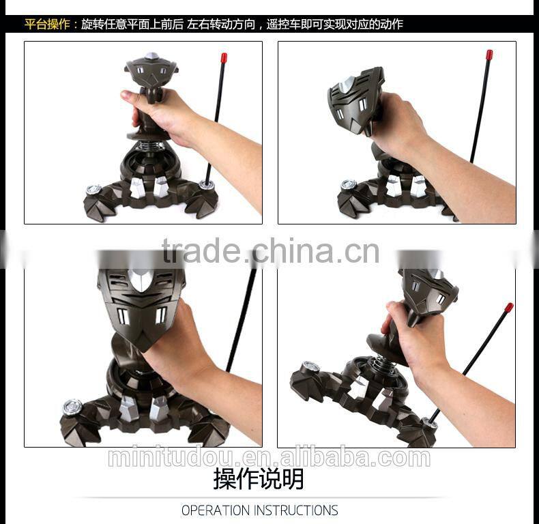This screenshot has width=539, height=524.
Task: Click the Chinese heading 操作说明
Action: [259, 479]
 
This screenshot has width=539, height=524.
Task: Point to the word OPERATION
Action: [216, 510]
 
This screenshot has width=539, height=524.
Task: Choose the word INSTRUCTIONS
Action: [296, 510]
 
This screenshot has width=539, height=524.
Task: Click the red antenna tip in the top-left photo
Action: [224, 57]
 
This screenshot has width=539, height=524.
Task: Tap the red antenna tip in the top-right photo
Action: [489, 55]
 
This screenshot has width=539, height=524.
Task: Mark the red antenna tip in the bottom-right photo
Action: [509, 308]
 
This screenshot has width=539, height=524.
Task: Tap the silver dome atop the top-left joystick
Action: [151, 56]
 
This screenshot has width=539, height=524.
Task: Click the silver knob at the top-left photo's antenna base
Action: [206, 185]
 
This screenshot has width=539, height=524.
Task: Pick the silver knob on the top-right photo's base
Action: [349, 184]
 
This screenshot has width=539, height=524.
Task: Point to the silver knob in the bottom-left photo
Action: [72, 407]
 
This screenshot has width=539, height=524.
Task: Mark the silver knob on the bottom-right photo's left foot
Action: [311, 366]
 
